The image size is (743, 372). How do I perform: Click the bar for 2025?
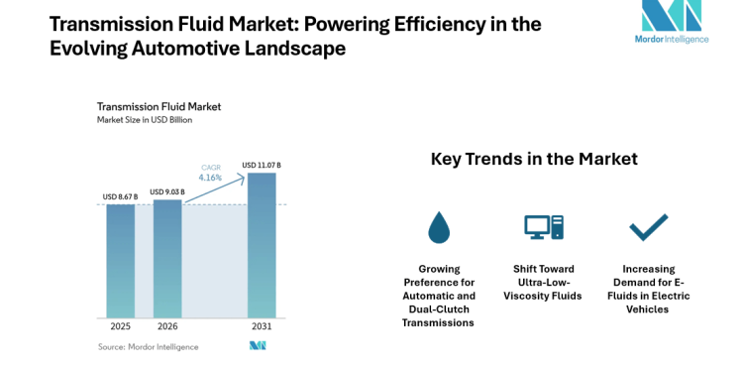pyautogui.click(x=121, y=260)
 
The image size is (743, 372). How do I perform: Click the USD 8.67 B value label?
pyautogui.click(x=121, y=196)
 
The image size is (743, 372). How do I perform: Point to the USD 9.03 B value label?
pyautogui.click(x=167, y=191)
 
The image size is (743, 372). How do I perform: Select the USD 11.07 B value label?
pyautogui.click(x=262, y=165)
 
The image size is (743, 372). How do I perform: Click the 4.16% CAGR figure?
pyautogui.click(x=211, y=178)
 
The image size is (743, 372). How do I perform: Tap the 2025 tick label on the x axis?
pyautogui.click(x=121, y=324)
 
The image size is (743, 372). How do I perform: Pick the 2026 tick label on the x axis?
pyautogui.click(x=167, y=324)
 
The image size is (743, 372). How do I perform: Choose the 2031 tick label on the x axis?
pyautogui.click(x=262, y=324)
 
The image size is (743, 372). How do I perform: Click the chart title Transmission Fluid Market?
pyautogui.click(x=159, y=106)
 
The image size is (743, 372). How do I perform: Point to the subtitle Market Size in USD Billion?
pyautogui.click(x=144, y=120)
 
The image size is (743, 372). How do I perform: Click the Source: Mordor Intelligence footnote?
pyautogui.click(x=148, y=346)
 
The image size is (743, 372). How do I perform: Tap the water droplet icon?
pyautogui.click(x=439, y=228)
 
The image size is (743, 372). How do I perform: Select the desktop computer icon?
pyautogui.click(x=543, y=228)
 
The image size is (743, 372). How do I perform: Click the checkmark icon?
pyautogui.click(x=649, y=228)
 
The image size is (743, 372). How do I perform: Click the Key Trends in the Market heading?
pyautogui.click(x=534, y=159)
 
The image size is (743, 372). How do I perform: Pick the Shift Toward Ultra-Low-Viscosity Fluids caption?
pyautogui.click(x=544, y=282)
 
